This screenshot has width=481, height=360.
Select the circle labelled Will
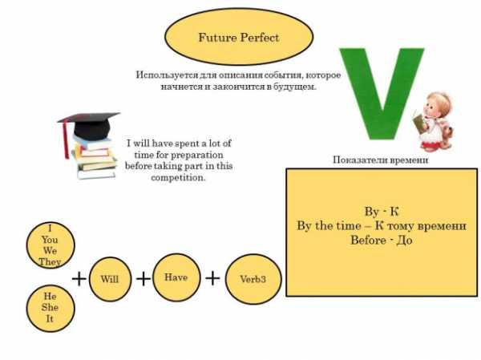click(110, 279)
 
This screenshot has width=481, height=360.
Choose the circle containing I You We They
click(50, 244)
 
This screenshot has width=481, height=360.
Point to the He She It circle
click(50, 308)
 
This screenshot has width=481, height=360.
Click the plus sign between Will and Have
click(143, 278)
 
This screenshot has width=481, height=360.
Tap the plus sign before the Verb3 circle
click(212, 277)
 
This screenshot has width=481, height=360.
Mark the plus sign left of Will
click(79, 278)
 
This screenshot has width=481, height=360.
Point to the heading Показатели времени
click(380, 160)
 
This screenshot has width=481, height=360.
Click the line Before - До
click(382, 240)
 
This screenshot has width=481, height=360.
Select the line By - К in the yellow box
click(382, 212)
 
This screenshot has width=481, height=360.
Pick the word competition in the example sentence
click(178, 177)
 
